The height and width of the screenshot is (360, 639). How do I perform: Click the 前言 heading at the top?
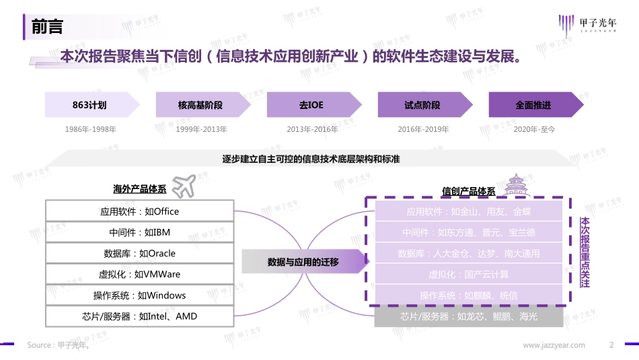(47, 27)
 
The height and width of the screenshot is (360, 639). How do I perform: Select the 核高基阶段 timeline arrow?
(200, 106)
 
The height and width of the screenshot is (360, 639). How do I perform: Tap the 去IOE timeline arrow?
(311, 106)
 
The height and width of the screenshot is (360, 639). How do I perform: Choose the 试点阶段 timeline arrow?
(422, 106)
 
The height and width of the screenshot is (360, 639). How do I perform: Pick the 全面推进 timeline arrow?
(533, 106)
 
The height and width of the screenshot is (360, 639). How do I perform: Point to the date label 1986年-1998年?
(90, 129)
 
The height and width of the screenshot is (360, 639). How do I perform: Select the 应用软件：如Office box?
(140, 211)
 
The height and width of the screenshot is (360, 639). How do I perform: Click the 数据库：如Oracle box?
(140, 254)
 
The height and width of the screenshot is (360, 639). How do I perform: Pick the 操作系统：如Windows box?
(140, 295)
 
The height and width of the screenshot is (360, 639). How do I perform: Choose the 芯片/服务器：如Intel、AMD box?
(140, 316)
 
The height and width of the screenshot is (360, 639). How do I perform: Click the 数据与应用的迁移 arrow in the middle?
(304, 262)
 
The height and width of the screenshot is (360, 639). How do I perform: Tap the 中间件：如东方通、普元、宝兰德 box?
(469, 233)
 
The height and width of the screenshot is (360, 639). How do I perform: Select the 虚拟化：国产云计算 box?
(469, 275)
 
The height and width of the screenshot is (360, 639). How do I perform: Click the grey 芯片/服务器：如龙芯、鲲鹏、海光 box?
(469, 316)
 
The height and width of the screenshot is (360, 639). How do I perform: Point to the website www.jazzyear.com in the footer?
(554, 345)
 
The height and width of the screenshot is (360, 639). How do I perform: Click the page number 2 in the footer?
(611, 345)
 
